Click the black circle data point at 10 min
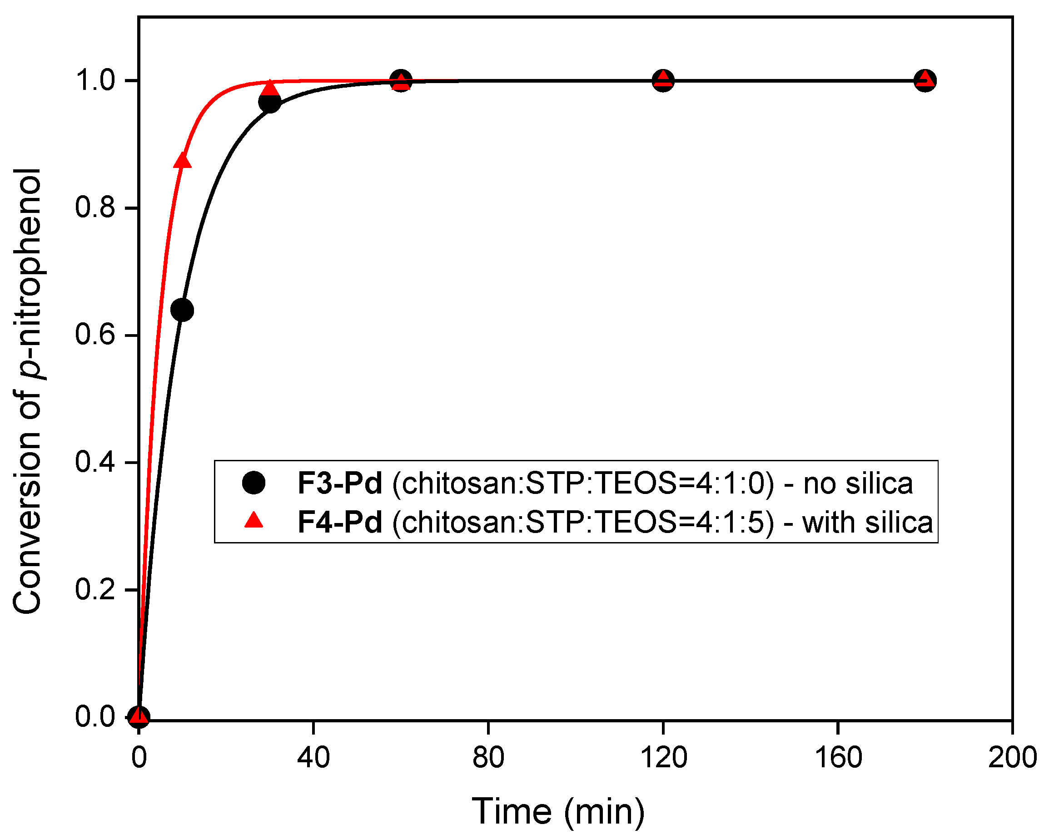point(182,310)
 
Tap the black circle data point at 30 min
point(269,102)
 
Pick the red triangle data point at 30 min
point(269,89)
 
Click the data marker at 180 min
point(925,80)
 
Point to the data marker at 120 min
point(663,80)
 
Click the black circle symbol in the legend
point(254,483)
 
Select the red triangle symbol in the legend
point(254,520)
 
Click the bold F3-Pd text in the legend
point(340,484)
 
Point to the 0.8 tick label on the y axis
point(95,207)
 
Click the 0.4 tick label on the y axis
point(95,462)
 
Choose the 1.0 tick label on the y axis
point(95,80)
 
